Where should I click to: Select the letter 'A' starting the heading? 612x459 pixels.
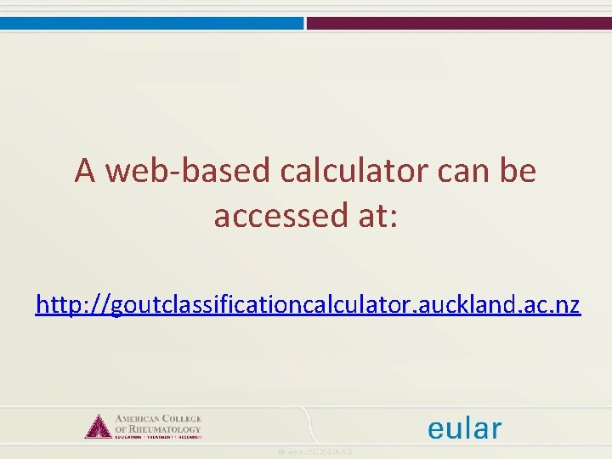click(84, 172)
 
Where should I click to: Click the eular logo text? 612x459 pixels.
click(464, 428)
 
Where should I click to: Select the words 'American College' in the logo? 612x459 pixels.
click(157, 418)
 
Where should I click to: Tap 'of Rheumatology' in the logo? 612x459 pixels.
click(157, 429)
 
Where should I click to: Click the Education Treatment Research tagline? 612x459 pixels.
click(157, 437)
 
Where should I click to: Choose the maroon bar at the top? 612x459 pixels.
click(459, 24)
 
